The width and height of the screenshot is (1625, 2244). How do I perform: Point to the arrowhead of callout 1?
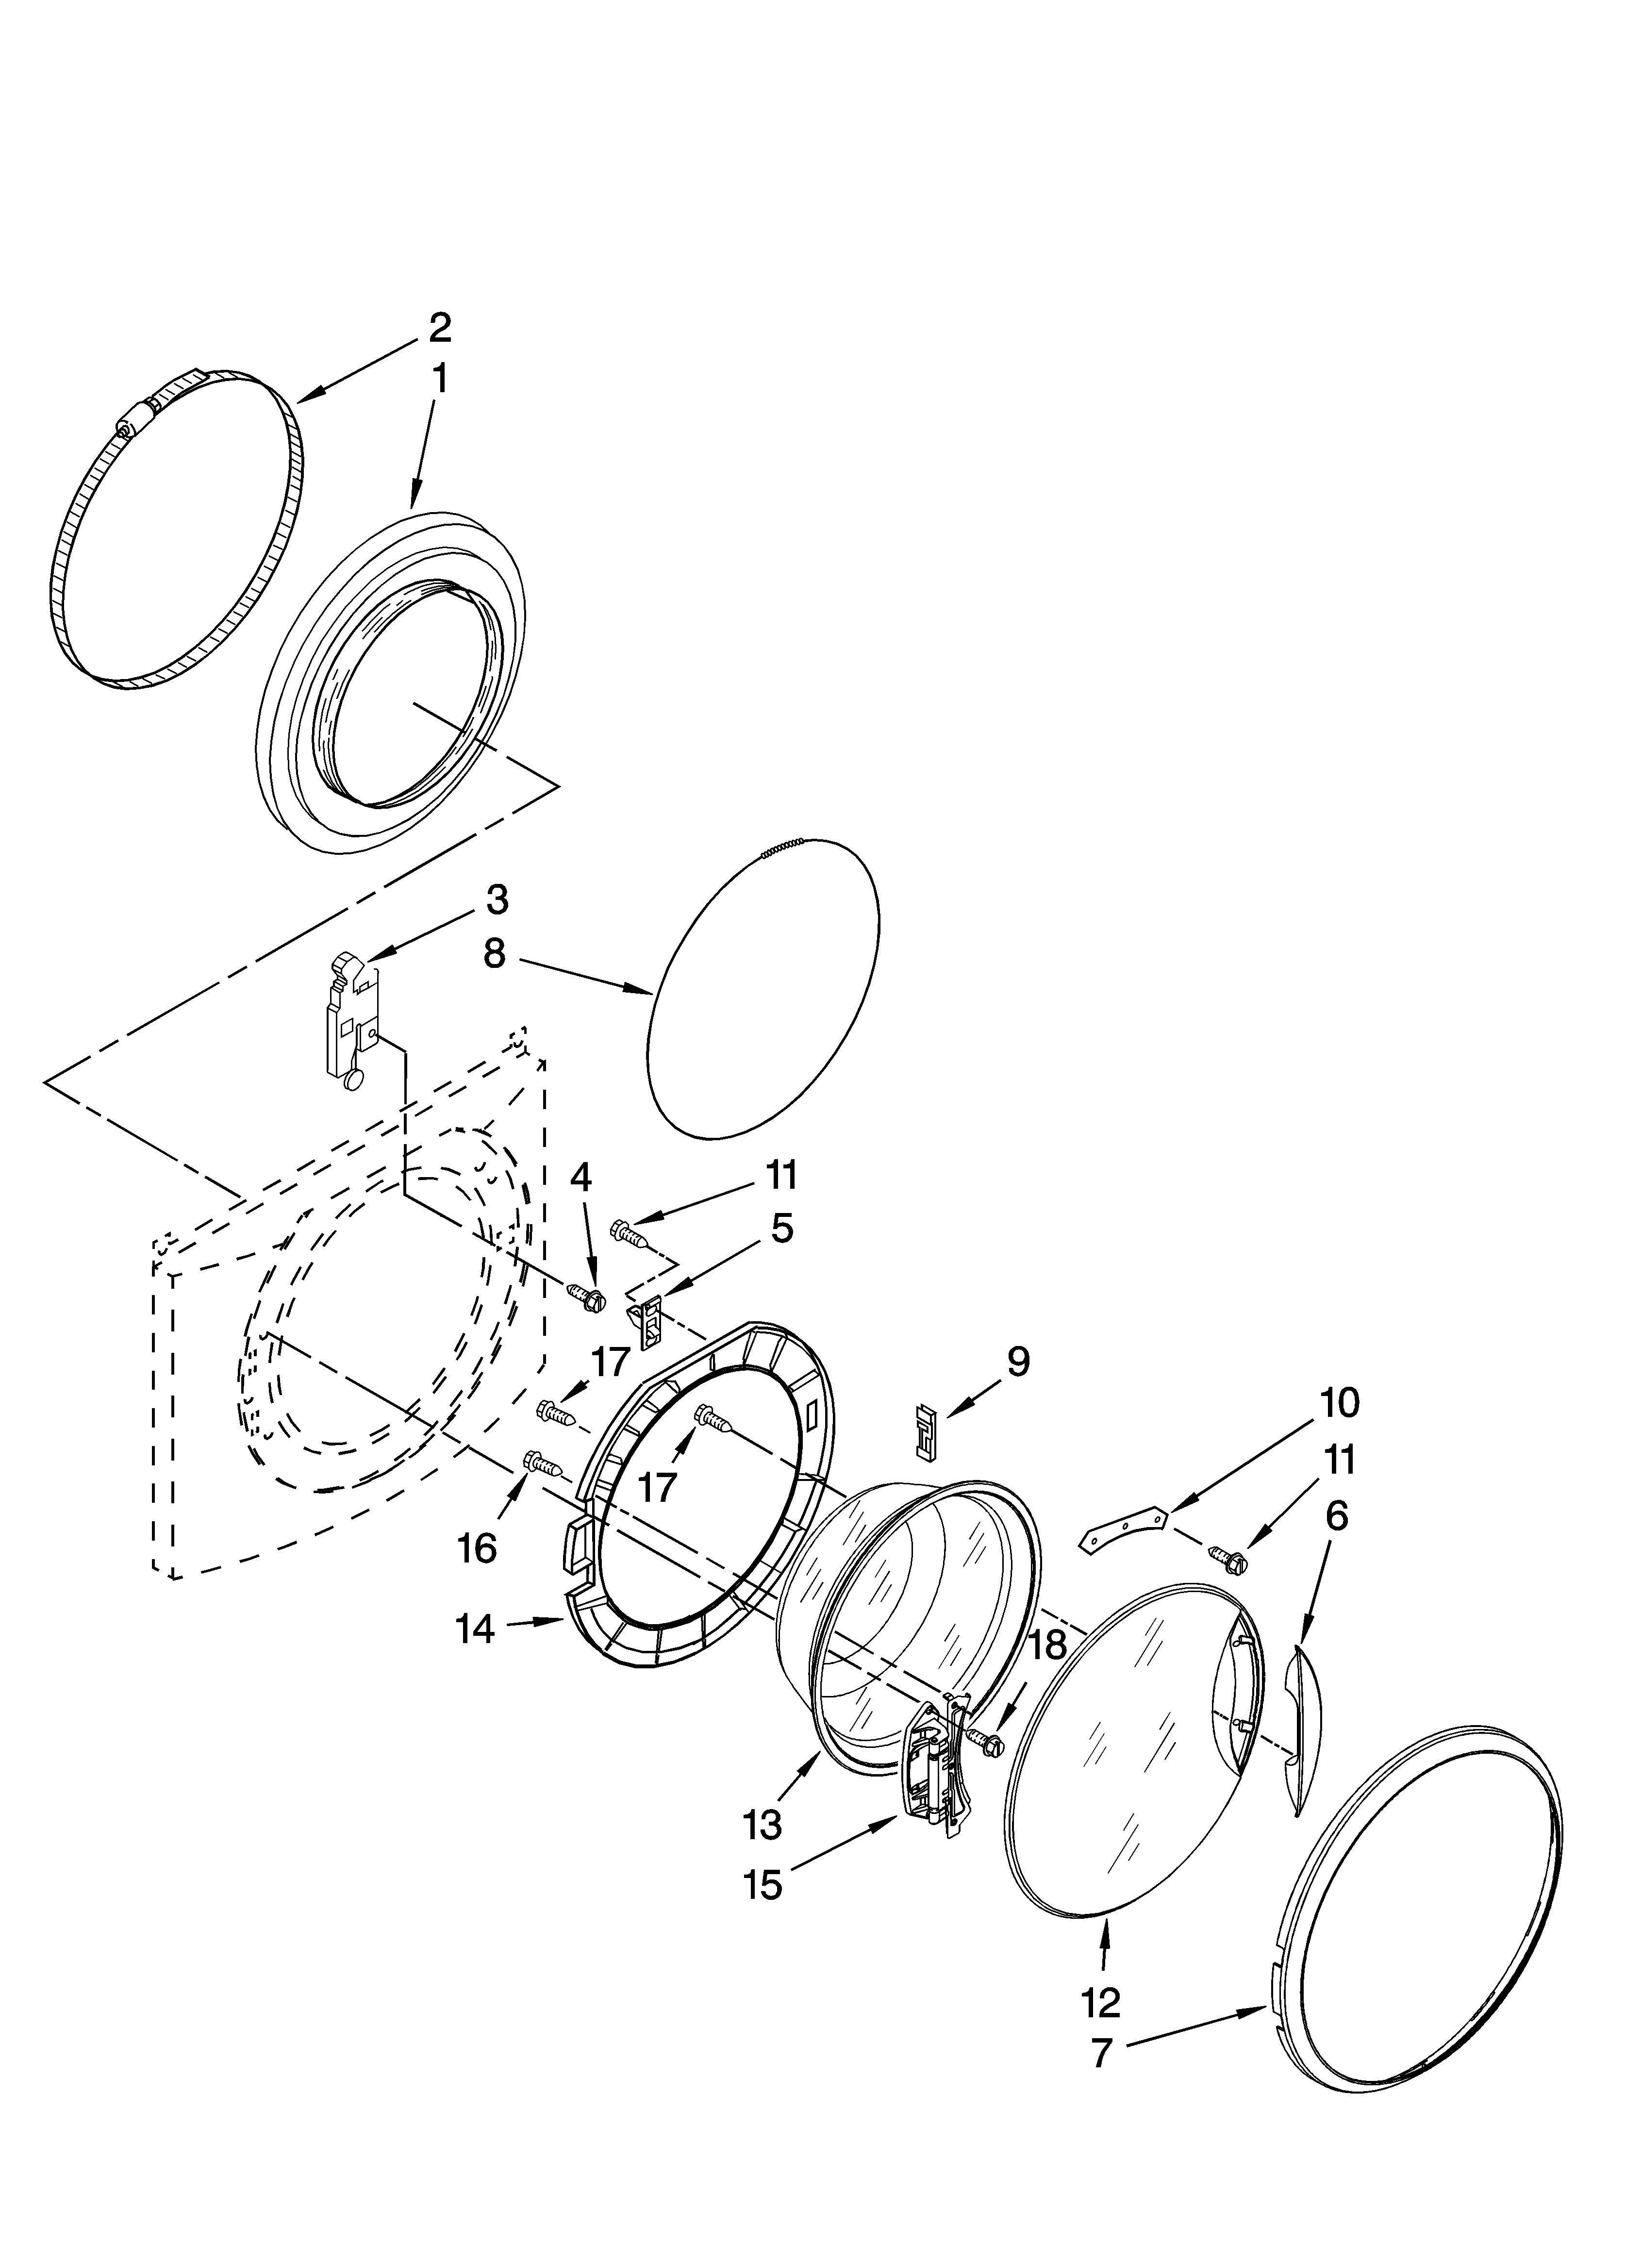pos(414,505)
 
